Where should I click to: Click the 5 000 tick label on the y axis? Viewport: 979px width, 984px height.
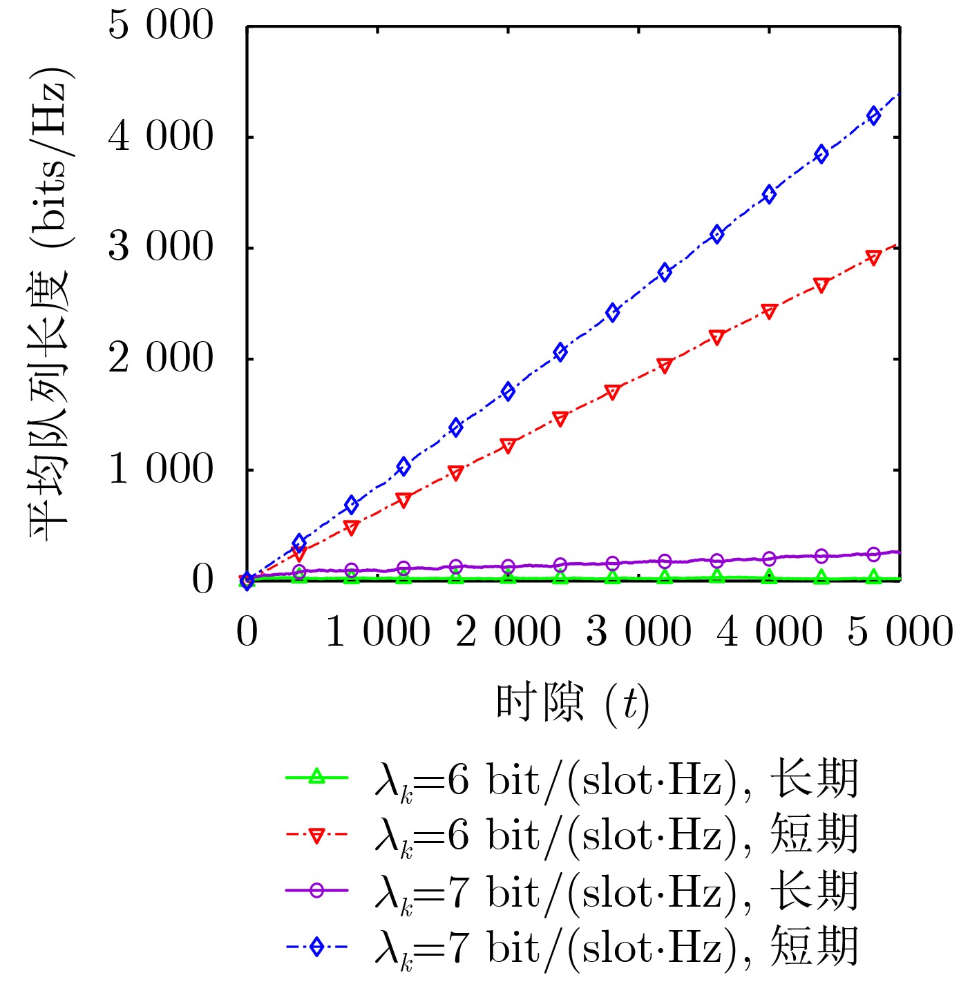point(161,26)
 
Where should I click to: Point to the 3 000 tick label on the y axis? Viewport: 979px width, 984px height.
point(161,247)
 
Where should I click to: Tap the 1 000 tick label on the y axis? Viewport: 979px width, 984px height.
point(161,470)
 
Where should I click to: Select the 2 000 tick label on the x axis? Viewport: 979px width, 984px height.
point(508,632)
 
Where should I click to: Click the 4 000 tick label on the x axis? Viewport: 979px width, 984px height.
point(770,632)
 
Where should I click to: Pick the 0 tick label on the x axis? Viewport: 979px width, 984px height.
point(247,632)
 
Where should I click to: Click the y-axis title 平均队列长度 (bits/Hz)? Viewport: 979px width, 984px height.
point(50,304)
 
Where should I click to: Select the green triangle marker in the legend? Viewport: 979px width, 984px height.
point(316,777)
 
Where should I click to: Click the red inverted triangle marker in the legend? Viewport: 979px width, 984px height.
point(316,835)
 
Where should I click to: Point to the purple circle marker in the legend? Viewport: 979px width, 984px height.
point(316,890)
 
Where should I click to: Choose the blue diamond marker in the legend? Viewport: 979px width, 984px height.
point(316,947)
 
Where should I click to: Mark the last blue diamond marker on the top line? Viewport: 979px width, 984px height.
point(874,115)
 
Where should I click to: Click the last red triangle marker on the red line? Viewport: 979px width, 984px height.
point(874,258)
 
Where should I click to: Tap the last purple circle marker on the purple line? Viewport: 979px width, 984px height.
point(874,554)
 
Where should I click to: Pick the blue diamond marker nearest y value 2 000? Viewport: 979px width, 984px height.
point(560,352)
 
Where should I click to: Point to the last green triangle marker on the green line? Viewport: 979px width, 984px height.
point(874,577)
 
